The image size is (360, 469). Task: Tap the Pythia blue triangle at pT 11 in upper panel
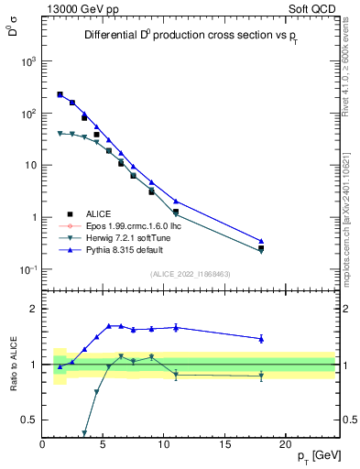(176, 202)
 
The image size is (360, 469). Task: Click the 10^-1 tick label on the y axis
(25, 269)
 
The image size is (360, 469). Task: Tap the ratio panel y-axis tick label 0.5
(28, 420)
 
